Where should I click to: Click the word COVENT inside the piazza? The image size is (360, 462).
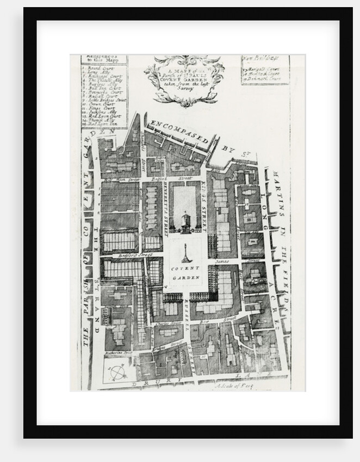click(187, 269)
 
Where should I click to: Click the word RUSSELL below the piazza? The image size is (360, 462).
click(187, 314)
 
